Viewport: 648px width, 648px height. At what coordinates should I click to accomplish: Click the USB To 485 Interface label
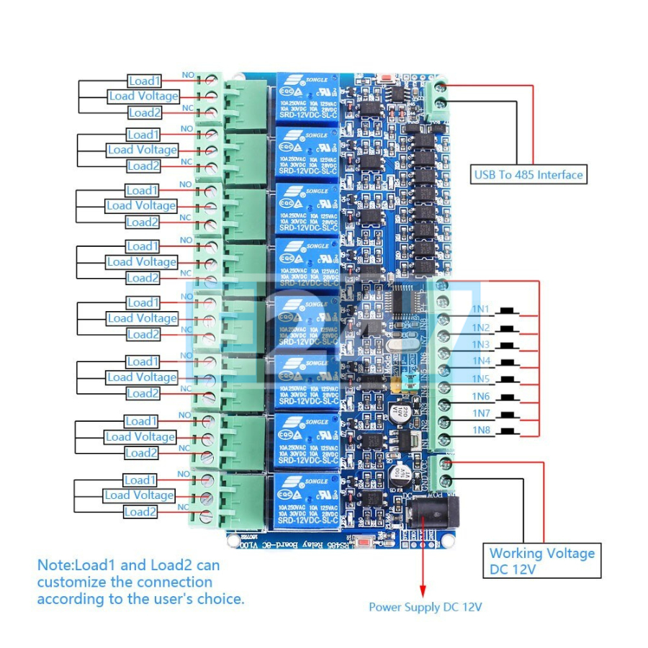tap(528, 174)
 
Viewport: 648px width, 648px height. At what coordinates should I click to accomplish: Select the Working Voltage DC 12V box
tap(542, 561)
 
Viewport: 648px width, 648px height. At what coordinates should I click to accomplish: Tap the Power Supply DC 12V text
tap(425, 607)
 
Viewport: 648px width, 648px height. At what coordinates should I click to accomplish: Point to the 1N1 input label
tap(481, 310)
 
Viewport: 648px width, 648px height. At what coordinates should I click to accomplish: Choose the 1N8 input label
tap(481, 430)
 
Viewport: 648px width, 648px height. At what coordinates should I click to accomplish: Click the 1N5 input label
tap(481, 379)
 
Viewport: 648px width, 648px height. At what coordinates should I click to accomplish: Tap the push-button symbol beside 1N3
tap(510, 346)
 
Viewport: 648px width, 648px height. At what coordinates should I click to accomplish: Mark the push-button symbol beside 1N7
tap(510, 415)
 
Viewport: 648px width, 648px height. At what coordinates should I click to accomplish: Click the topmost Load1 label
tap(145, 81)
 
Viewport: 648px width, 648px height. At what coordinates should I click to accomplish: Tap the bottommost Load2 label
tap(140, 512)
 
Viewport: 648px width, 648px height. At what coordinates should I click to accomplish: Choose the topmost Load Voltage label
tap(143, 96)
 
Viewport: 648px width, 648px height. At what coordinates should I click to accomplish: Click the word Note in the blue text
tap(55, 565)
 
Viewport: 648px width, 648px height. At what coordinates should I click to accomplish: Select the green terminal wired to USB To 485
tap(439, 97)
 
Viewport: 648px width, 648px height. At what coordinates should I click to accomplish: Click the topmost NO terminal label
tap(187, 75)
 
